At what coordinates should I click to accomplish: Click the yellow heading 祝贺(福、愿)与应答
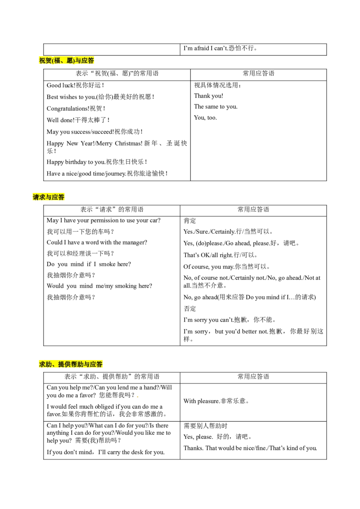(x=67, y=61)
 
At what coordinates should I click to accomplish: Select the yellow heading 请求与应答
(x=49, y=197)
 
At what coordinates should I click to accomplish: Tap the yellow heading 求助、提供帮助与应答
(x=71, y=364)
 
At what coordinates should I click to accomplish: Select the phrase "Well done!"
(x=61, y=120)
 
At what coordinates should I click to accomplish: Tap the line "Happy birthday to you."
(x=76, y=162)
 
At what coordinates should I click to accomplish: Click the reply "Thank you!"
(x=209, y=96)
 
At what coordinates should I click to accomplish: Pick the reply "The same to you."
(x=216, y=107)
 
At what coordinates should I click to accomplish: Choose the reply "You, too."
(x=205, y=117)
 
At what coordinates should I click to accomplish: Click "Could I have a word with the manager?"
(x=97, y=242)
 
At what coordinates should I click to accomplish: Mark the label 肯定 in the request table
(x=190, y=221)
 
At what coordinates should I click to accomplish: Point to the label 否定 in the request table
(x=190, y=309)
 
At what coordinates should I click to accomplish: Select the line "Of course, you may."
(x=209, y=267)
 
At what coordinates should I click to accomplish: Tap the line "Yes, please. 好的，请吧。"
(x=218, y=437)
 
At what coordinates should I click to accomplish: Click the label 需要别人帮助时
(x=205, y=426)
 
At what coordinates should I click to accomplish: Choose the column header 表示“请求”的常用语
(x=112, y=210)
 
